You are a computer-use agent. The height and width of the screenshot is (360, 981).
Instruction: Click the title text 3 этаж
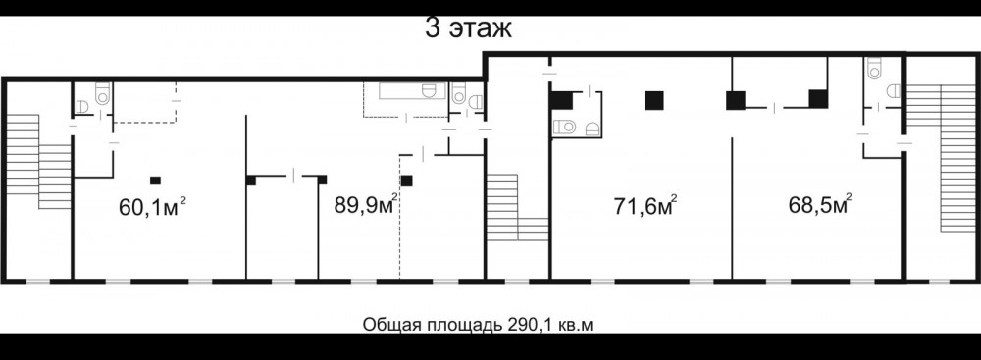(x=468, y=28)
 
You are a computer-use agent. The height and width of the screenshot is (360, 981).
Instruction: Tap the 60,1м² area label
(x=152, y=207)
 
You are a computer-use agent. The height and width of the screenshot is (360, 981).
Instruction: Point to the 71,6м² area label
(x=645, y=205)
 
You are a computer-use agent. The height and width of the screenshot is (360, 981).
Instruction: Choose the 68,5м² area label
(x=820, y=204)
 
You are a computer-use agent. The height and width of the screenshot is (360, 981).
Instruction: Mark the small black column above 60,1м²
(x=155, y=180)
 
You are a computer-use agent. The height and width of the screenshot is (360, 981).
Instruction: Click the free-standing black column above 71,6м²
(x=653, y=100)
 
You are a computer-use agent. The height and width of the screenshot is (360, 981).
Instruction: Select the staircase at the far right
(x=941, y=158)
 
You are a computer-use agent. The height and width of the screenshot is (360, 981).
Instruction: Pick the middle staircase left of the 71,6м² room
(x=517, y=207)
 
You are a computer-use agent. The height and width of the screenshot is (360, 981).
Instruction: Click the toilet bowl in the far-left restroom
(x=103, y=94)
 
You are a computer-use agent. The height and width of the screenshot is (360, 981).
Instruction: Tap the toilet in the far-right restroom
(x=874, y=69)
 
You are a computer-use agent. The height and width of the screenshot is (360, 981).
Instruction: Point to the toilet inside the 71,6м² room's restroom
(x=566, y=127)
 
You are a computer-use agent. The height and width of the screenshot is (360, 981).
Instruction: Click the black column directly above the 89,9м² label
(x=407, y=180)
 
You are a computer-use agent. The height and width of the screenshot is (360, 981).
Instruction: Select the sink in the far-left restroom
(x=82, y=107)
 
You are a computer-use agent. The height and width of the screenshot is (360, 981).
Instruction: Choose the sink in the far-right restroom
(x=894, y=91)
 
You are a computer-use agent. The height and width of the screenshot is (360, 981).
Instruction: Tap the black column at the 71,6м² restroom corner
(x=561, y=101)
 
